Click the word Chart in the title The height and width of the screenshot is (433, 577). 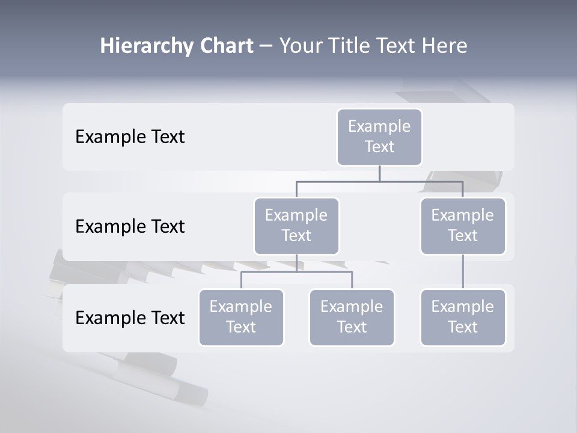point(226,46)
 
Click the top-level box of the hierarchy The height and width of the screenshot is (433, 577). point(379,137)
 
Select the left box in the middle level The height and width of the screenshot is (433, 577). point(296,226)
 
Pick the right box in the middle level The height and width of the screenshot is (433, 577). point(463,226)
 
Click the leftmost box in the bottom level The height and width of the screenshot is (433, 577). point(241,317)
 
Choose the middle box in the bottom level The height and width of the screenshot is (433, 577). point(352,317)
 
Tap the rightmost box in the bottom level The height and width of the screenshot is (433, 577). point(463,317)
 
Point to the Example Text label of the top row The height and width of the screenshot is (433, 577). point(130,137)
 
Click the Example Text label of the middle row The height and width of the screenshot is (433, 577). point(130,227)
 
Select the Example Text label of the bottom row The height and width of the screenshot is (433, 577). point(130,318)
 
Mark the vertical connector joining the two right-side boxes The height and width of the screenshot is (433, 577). point(463,272)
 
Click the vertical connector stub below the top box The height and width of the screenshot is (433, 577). point(379,173)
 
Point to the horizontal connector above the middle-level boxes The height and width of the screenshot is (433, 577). point(379,181)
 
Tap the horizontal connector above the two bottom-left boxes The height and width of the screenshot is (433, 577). point(296,272)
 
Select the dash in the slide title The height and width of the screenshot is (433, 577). point(266,46)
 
